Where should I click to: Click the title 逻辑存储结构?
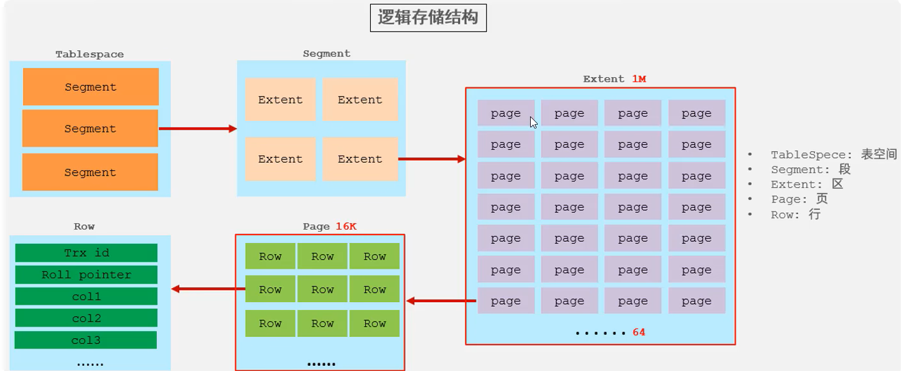[428, 17]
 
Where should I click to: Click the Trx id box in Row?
[86, 253]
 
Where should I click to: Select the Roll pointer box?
[86, 275]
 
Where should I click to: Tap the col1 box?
[86, 297]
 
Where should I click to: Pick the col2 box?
[86, 318]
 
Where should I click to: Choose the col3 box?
[86, 340]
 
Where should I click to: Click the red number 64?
[639, 332]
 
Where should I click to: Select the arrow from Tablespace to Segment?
[198, 129]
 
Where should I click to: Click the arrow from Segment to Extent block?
[432, 159]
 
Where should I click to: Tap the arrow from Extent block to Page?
[441, 300]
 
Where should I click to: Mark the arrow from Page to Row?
[208, 289]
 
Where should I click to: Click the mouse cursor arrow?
[533, 122]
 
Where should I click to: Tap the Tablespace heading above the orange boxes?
[89, 55]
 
